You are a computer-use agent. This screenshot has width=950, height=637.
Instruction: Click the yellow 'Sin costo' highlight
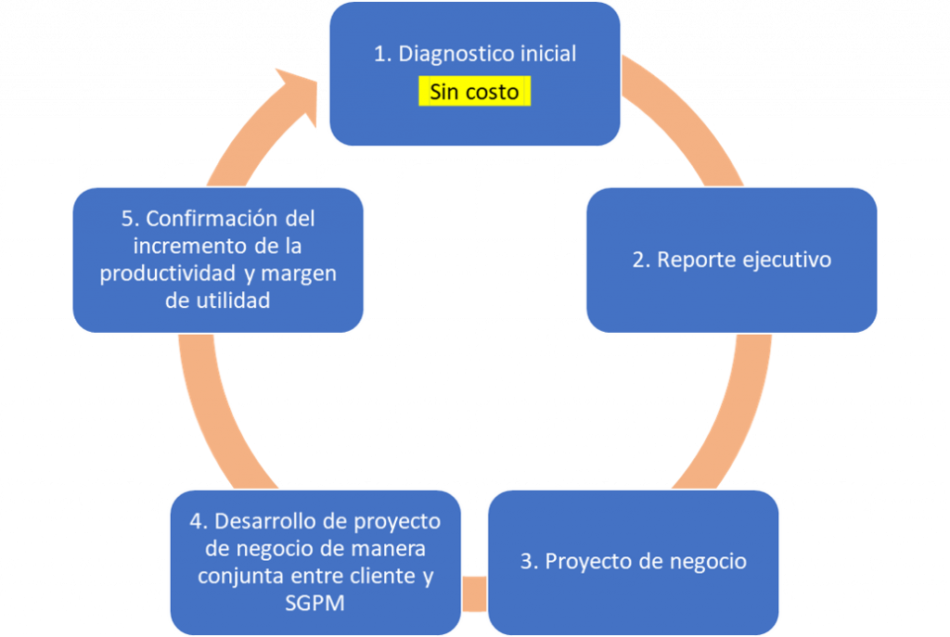click(x=474, y=92)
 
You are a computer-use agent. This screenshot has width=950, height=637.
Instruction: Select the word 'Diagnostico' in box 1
click(x=449, y=54)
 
